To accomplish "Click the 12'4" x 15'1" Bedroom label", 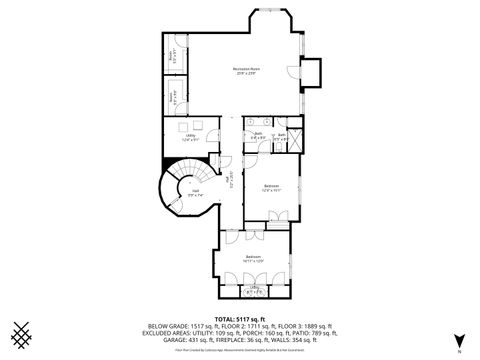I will pos(271,187).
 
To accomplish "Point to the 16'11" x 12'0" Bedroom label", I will pos(255,258).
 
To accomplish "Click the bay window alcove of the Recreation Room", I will pos(270,22).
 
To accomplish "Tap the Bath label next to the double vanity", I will pos(257,135).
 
